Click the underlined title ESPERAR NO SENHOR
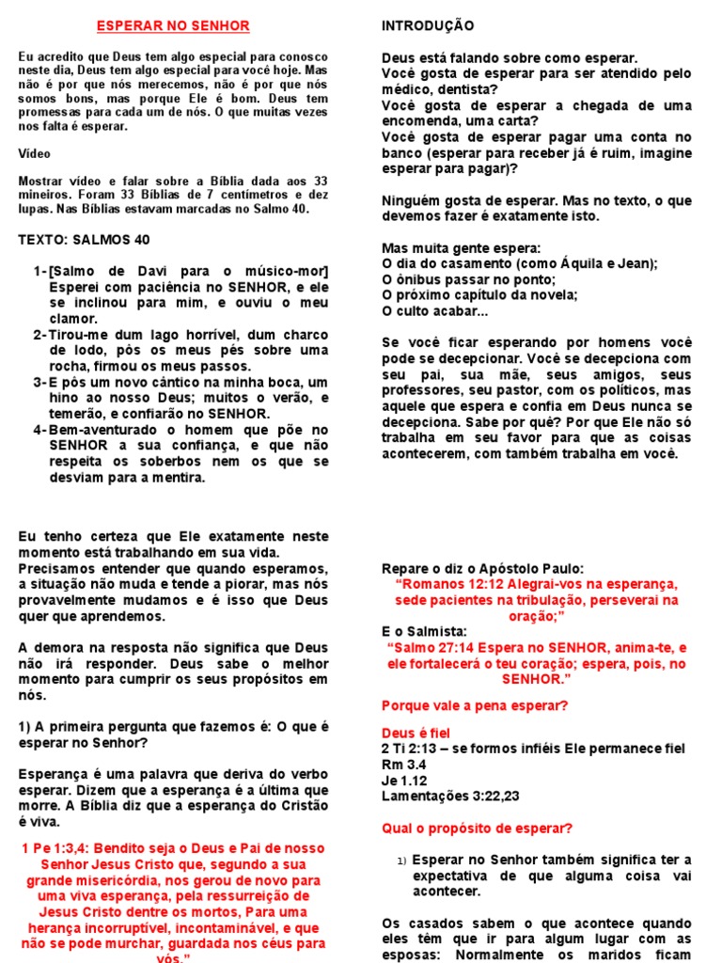[x=175, y=25]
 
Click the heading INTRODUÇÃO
[x=428, y=25]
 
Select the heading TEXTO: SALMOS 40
[x=84, y=240]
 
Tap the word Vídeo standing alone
[x=35, y=153]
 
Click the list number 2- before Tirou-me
[x=39, y=336]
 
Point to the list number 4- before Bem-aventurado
[x=39, y=430]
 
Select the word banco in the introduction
[x=401, y=153]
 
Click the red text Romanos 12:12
[x=454, y=585]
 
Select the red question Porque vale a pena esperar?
[x=474, y=705]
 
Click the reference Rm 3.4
[x=404, y=765]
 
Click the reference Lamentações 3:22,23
[x=450, y=797]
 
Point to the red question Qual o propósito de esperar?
[x=477, y=829]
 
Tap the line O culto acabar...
[x=434, y=311]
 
